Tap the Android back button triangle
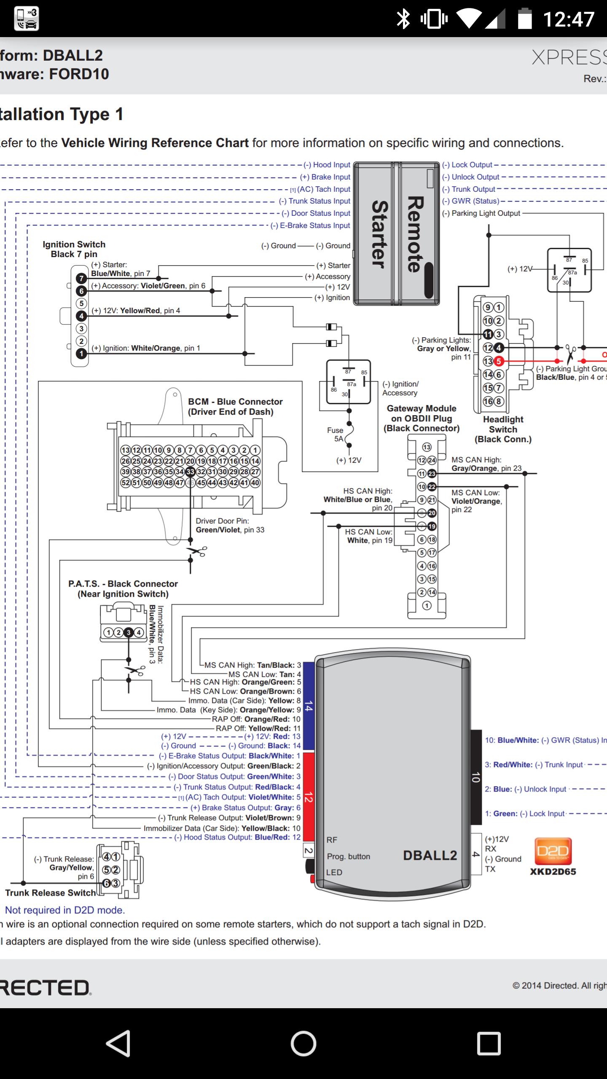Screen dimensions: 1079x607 (x=118, y=1044)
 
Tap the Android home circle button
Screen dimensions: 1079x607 (x=303, y=1044)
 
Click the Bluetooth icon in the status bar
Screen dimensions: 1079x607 (x=403, y=19)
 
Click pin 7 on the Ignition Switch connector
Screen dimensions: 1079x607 (x=81, y=278)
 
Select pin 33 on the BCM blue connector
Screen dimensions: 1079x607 (x=190, y=472)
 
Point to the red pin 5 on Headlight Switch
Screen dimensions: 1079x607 (x=499, y=361)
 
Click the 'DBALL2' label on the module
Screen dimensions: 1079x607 (x=430, y=855)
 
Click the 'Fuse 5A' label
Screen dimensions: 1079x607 (x=336, y=435)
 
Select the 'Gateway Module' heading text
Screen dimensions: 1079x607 (x=422, y=408)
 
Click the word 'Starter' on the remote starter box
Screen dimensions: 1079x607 (x=379, y=234)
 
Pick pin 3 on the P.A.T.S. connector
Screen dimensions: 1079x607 (x=129, y=632)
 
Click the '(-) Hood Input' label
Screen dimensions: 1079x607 (x=327, y=165)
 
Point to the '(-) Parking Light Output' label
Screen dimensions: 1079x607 (x=481, y=213)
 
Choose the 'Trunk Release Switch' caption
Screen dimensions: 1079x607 (x=51, y=893)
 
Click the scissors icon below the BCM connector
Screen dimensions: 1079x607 (x=196, y=551)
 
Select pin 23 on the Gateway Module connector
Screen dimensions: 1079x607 (x=432, y=474)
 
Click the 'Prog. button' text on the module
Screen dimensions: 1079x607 (x=349, y=856)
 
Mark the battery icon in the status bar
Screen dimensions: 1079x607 (x=524, y=19)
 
